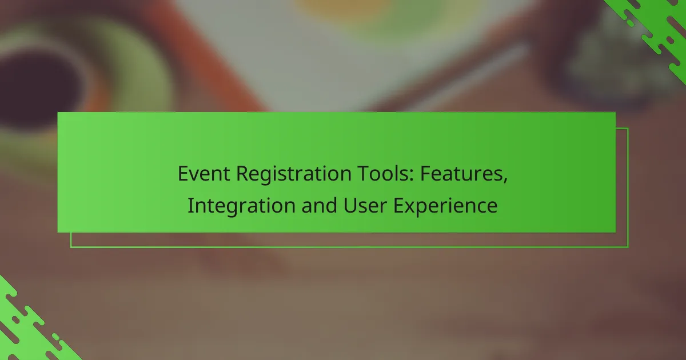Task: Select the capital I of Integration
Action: point(190,205)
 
